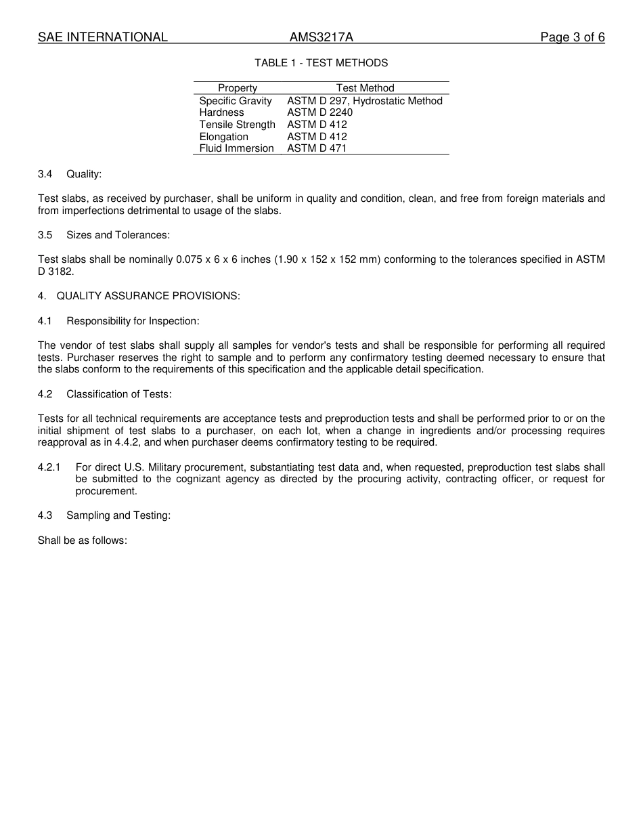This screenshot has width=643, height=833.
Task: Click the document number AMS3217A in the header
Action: pos(321,37)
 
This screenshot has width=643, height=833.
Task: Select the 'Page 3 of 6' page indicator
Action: pos(572,37)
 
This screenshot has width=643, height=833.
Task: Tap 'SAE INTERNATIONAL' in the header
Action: pos(103,37)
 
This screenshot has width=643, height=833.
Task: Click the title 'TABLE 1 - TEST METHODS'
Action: pos(321,63)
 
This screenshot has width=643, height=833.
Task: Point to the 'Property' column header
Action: pos(238,88)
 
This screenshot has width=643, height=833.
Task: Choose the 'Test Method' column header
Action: pos(365,88)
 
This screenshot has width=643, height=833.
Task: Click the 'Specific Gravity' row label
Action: pos(236,101)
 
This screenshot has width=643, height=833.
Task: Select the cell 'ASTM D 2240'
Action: pos(319,112)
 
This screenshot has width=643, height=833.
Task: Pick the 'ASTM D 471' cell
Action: pos(317,148)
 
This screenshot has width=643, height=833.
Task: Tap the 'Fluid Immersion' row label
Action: pos(236,148)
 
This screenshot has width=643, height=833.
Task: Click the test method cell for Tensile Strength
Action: pos(317,125)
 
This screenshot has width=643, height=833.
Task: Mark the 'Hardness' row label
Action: pos(221,112)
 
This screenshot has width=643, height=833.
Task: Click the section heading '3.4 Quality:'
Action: pos(70,174)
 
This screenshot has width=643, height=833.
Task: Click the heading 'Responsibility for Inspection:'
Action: pos(133,321)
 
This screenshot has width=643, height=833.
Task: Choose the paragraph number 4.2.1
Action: pos(49,467)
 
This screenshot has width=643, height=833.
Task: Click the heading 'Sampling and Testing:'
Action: pos(118,515)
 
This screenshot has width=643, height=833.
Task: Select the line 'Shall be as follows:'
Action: pos(83,541)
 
